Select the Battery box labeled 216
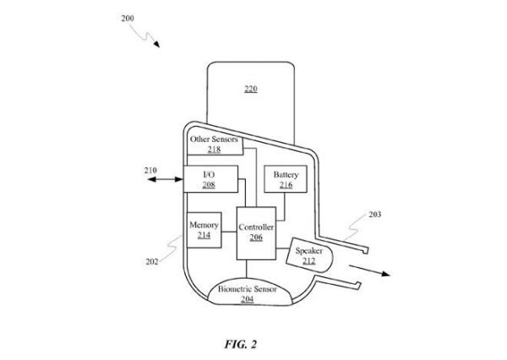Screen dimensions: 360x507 coord(282,178)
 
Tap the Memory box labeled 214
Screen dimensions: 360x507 coord(204,230)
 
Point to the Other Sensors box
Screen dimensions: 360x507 coord(215,144)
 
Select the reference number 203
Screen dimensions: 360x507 coord(375,215)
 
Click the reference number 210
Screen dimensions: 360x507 coord(150,169)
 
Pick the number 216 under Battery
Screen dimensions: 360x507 coord(282,183)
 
